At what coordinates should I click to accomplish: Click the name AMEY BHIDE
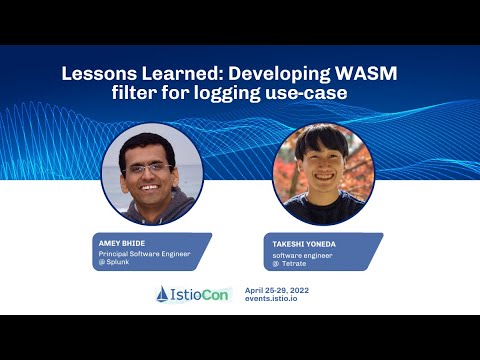pos(121,243)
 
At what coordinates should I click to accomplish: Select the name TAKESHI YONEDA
pos(305,243)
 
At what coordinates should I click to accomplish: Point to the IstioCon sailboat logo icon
pos(165,294)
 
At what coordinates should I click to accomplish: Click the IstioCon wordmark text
pos(204,294)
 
